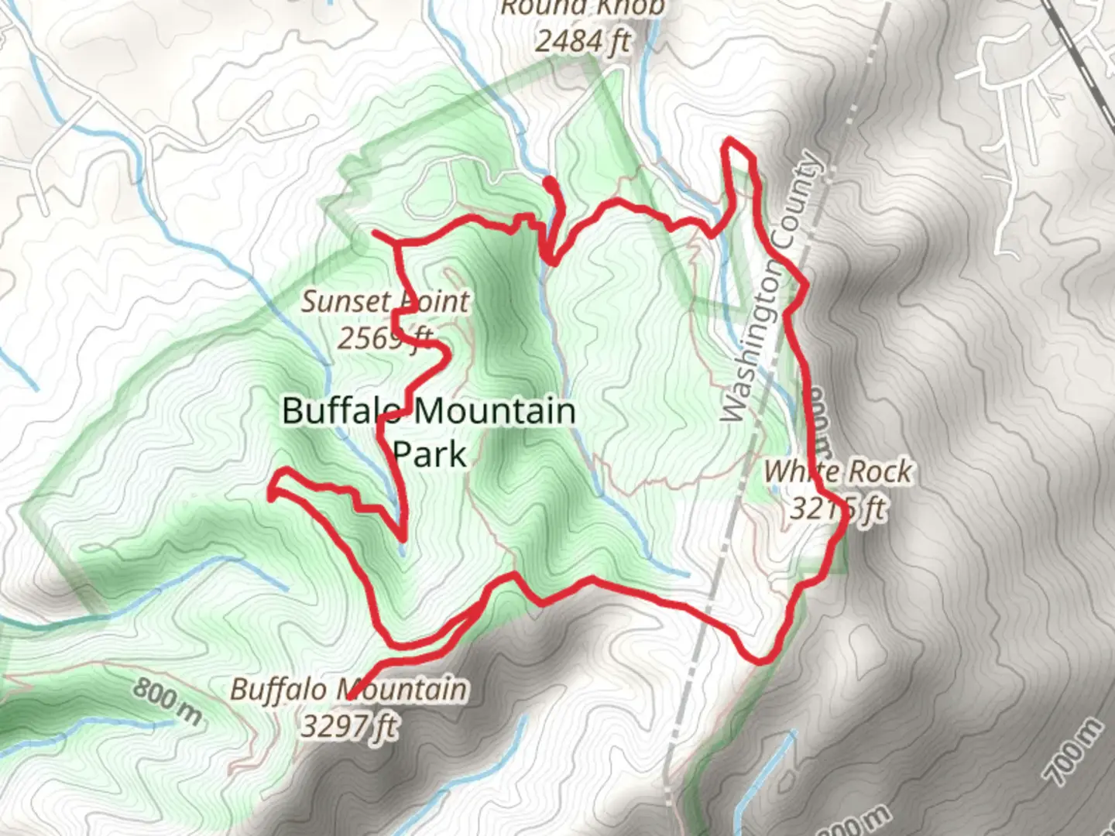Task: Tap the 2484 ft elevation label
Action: pos(582,40)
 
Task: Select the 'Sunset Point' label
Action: pos(385,301)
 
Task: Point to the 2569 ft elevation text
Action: pos(385,337)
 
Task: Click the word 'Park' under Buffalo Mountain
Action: pos(430,454)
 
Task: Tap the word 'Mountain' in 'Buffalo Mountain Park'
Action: pos(493,410)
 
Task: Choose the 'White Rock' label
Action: pos(838,471)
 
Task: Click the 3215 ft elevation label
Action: pos(838,509)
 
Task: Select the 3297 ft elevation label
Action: pos(349,726)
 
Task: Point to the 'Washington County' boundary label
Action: pos(771,286)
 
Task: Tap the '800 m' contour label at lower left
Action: pos(166,702)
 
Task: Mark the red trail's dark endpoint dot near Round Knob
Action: pos(549,183)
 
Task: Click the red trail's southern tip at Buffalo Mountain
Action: pos(350,698)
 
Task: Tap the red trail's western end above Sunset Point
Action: pos(375,231)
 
